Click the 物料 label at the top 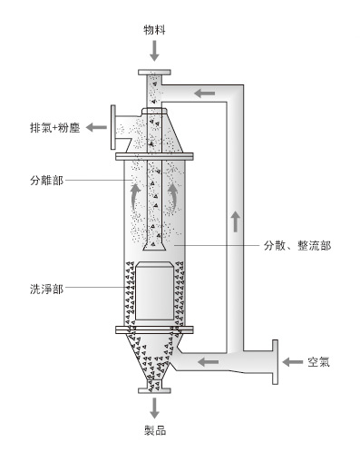(x=154, y=30)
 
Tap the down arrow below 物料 (x=154, y=51)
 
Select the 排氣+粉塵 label (x=54, y=128)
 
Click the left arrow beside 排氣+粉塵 (x=96, y=127)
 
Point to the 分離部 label (x=47, y=181)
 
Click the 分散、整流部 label (x=297, y=245)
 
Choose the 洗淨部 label (x=47, y=289)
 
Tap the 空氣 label (x=318, y=362)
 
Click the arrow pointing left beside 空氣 (x=292, y=361)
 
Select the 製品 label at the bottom (x=155, y=430)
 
